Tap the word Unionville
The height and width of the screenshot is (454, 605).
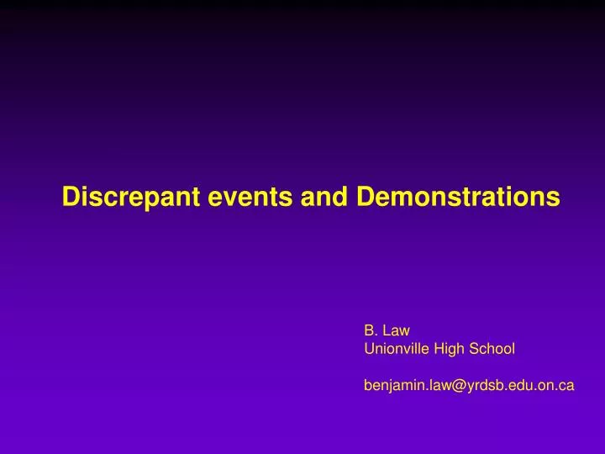pos(395,347)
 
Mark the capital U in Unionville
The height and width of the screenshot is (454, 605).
pos(368,347)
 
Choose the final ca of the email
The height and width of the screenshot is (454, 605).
pos(567,385)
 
